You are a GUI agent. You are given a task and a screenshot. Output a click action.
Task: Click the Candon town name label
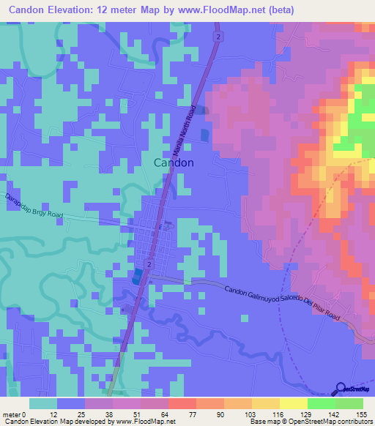tap(174, 162)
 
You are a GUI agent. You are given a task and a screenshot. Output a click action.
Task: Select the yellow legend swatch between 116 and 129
tap(293, 403)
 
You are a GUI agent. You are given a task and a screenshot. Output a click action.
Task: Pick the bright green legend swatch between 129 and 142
tap(321, 403)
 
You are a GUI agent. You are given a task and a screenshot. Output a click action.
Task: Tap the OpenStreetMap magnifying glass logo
tap(341, 389)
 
